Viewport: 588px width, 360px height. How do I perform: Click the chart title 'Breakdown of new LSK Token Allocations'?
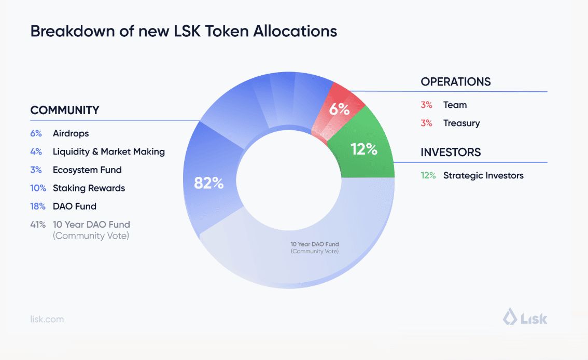[x=184, y=31]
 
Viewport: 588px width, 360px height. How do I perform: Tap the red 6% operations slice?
[x=340, y=109]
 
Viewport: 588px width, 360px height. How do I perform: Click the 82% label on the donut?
[x=208, y=183]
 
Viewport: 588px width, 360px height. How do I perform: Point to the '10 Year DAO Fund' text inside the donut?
[x=315, y=244]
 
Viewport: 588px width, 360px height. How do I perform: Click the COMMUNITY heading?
[x=65, y=110]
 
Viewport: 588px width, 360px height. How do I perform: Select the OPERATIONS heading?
[x=455, y=82]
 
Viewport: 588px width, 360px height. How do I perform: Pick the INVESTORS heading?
[x=451, y=153]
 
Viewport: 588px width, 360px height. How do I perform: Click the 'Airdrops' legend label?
[x=71, y=133]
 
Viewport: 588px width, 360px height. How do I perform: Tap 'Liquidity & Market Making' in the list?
[x=108, y=151]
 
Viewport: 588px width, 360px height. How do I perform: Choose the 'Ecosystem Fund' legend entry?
[x=87, y=170]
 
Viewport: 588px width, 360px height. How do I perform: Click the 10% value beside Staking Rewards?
[x=38, y=188]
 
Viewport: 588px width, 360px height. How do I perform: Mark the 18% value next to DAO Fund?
[x=38, y=206]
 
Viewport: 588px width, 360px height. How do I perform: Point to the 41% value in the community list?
[x=38, y=225]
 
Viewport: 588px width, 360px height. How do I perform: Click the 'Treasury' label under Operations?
[x=461, y=123]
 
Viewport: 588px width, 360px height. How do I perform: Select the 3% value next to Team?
[x=426, y=105]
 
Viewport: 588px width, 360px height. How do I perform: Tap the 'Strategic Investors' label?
[x=483, y=175]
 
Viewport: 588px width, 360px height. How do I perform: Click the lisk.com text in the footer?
[x=47, y=319]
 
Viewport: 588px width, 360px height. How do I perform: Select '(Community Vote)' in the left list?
[x=91, y=236]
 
